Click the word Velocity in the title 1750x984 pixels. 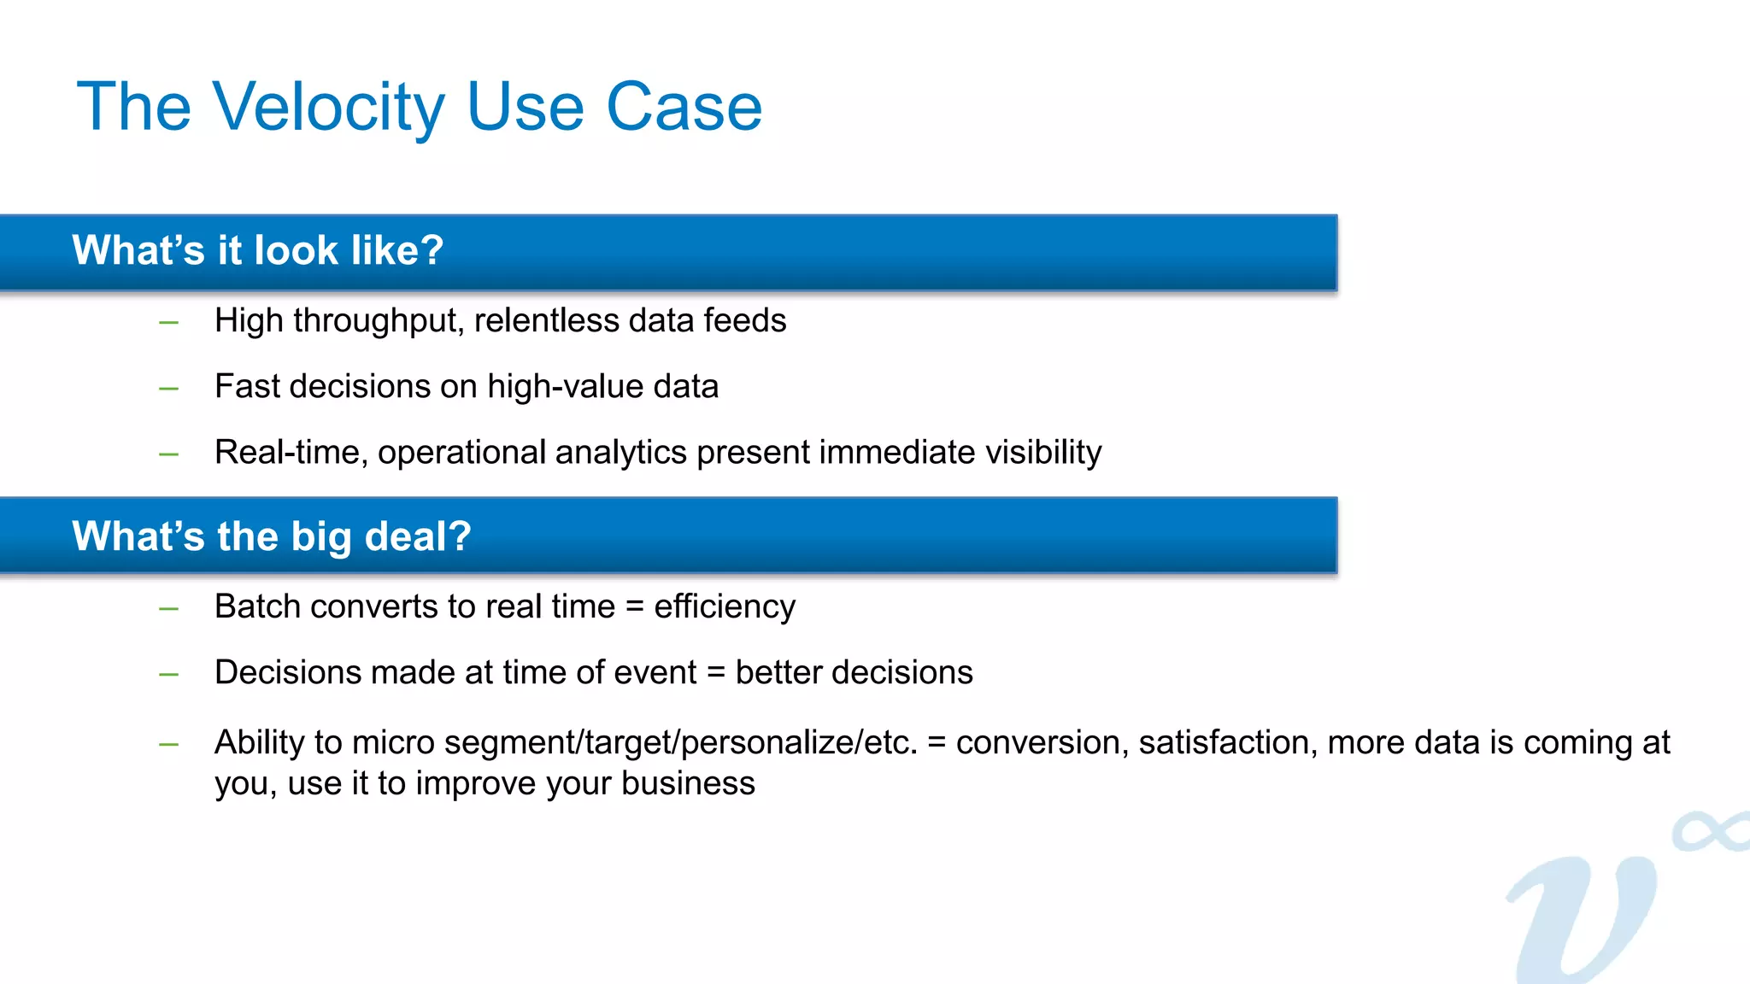coord(328,107)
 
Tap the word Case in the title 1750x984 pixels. coord(684,107)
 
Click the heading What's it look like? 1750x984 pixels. coord(257,250)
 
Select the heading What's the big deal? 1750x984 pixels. coord(272,536)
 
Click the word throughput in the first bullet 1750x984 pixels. coord(376,321)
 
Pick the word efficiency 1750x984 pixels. coord(725,606)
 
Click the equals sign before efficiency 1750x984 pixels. coord(634,607)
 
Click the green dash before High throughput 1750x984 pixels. coord(168,323)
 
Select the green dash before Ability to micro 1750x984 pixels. coord(168,745)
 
